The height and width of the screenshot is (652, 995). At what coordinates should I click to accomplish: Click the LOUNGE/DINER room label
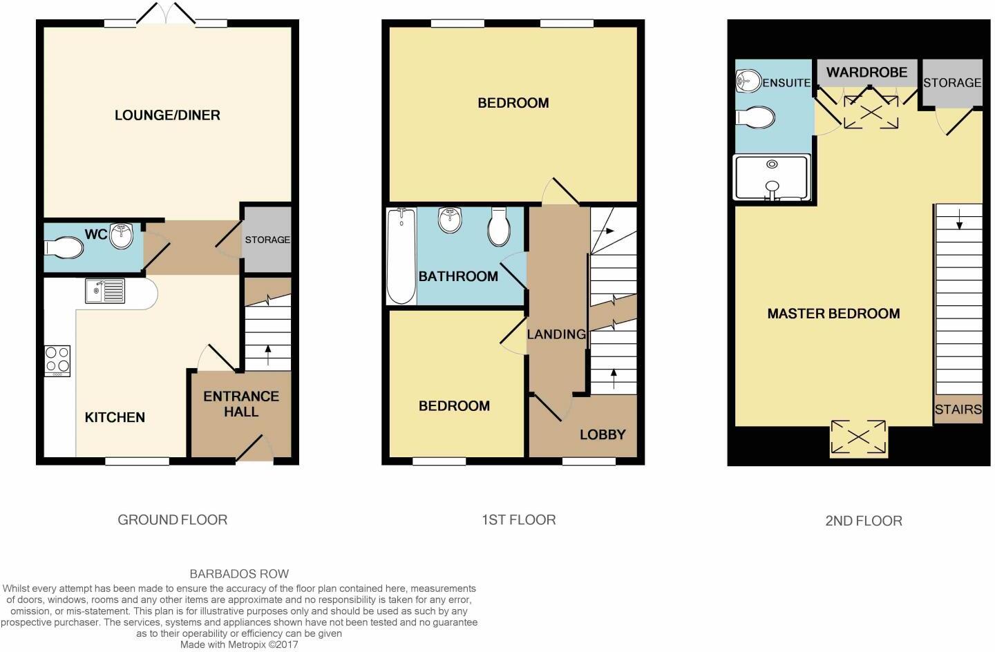pyautogui.click(x=167, y=115)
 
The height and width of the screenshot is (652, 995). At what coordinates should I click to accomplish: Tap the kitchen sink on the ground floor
pyautogui.click(x=105, y=291)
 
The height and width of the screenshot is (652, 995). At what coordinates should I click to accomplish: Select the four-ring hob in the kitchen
pyautogui.click(x=57, y=361)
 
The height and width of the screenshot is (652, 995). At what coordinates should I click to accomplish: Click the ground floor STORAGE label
pyautogui.click(x=267, y=240)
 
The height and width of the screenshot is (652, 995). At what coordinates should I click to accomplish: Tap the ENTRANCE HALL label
pyautogui.click(x=240, y=404)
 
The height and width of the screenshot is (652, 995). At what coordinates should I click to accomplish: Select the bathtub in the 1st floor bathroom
pyautogui.click(x=401, y=256)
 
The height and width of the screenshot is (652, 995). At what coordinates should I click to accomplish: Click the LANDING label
pyautogui.click(x=556, y=334)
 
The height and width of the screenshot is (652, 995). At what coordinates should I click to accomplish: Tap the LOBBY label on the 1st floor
pyautogui.click(x=603, y=434)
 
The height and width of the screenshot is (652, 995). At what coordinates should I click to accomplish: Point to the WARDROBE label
pyautogui.click(x=866, y=73)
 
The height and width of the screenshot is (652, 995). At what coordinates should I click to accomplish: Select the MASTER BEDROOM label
pyautogui.click(x=833, y=314)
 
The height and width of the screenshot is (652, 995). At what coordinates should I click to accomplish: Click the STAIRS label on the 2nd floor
pyautogui.click(x=958, y=410)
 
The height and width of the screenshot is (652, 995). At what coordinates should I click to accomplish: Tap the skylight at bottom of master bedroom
pyautogui.click(x=858, y=438)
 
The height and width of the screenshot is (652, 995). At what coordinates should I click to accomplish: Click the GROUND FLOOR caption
pyautogui.click(x=172, y=520)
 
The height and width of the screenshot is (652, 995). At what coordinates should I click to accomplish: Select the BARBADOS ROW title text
pyautogui.click(x=239, y=574)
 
